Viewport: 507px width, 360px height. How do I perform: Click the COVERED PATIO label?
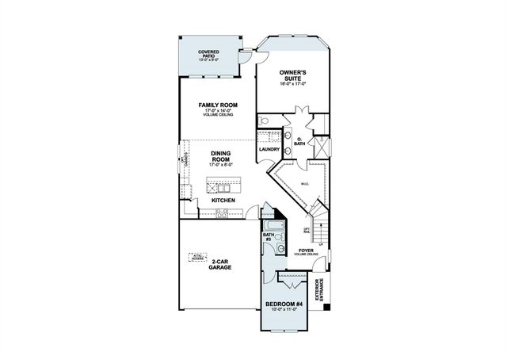[209, 54]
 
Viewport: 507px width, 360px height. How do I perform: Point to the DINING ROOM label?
[219, 157]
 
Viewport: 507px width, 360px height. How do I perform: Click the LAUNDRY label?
[269, 149]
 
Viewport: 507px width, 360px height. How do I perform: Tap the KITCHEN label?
[223, 201]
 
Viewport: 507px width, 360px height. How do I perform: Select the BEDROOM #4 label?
[284, 305]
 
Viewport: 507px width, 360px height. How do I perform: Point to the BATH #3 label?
[268, 237]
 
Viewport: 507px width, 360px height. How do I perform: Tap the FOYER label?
[306, 251]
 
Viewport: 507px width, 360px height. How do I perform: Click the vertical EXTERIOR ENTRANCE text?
[319, 293]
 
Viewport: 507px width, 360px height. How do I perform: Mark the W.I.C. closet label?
[304, 185]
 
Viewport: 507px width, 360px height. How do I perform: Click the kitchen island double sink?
[225, 188]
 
